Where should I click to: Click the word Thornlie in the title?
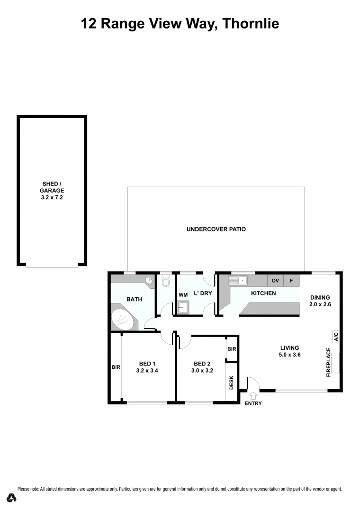[250, 23]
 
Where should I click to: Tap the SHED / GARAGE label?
[51, 190]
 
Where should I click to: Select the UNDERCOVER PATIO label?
[216, 229]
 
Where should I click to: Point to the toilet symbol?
[165, 282]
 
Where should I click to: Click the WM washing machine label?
[183, 294]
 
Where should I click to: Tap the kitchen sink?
[240, 281]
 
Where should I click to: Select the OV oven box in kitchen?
[275, 281]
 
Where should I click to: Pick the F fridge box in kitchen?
[291, 281]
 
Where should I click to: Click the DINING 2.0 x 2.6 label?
[320, 301]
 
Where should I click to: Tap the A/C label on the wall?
[335, 337]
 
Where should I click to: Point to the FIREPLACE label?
[328, 362]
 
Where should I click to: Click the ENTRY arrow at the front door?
[252, 395]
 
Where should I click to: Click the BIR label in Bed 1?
[116, 367]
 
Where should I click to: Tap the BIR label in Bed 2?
[232, 349]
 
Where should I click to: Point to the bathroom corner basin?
[149, 281]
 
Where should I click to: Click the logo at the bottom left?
[11, 498]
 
